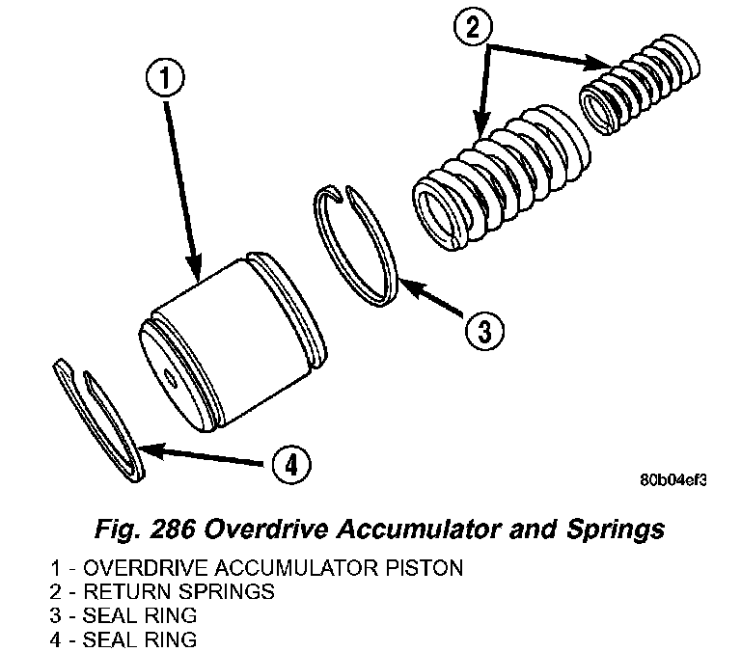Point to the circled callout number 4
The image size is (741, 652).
pyautogui.click(x=292, y=466)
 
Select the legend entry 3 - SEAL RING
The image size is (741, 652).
pyautogui.click(x=125, y=614)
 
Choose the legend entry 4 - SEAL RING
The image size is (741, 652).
pyautogui.click(x=125, y=638)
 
